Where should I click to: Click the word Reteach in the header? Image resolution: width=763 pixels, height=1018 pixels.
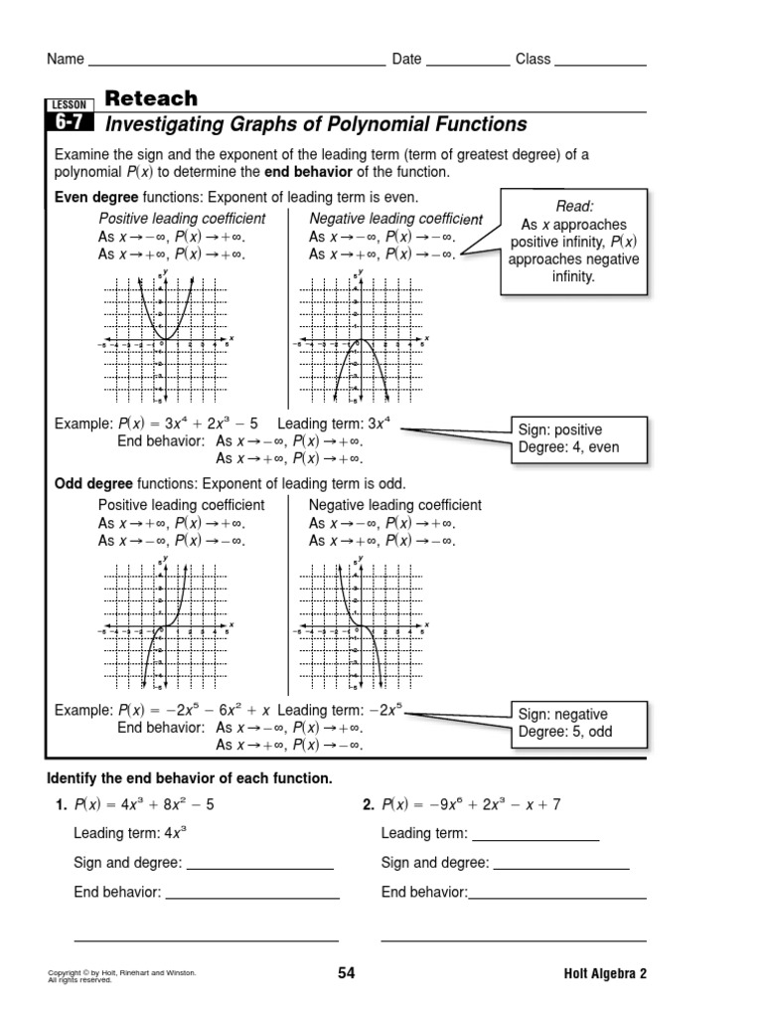coord(151,98)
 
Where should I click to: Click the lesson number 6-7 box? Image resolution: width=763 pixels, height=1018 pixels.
coord(70,124)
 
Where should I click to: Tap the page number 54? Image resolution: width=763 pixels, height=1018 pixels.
coord(346,973)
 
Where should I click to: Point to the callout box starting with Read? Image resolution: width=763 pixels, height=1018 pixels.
coord(574,240)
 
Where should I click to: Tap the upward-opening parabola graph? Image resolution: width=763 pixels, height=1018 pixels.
coord(165,339)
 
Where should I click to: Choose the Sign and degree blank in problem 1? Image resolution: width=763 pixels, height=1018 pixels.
coord(259,863)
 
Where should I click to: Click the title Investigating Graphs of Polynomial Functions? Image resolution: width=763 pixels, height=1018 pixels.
coord(316,124)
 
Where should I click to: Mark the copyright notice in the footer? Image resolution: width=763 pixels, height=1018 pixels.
coord(121,975)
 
